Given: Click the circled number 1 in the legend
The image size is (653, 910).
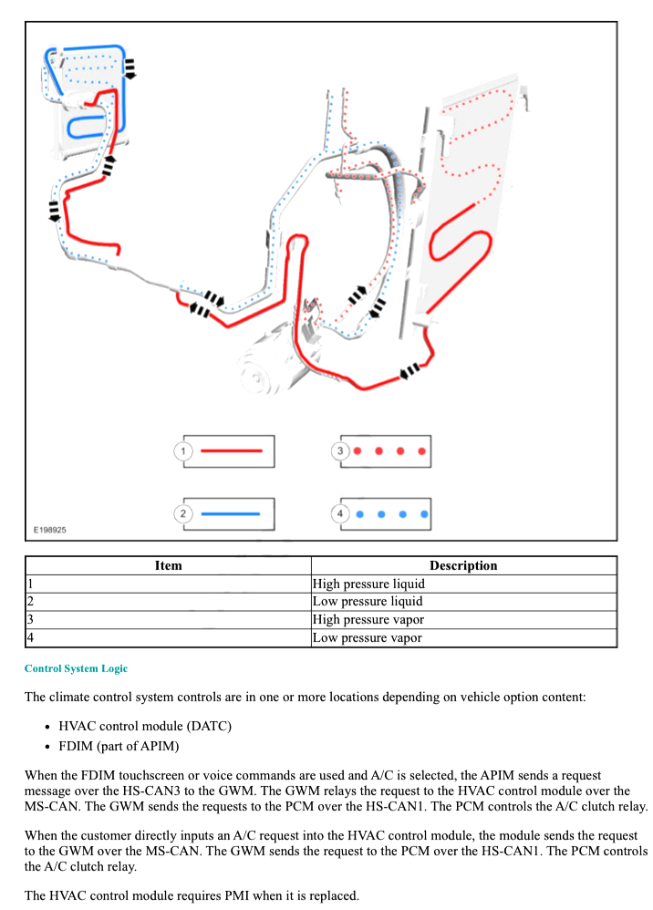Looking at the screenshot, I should (x=184, y=451).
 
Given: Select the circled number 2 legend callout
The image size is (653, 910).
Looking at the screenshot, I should (x=184, y=514).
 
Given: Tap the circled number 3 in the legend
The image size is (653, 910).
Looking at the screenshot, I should (x=340, y=451).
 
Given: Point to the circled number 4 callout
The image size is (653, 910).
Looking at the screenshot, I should (x=340, y=514).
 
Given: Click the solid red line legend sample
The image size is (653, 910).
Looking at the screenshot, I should (x=232, y=451).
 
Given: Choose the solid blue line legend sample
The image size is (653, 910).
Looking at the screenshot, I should (x=232, y=514).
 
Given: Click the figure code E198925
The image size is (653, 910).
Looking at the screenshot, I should (x=50, y=530).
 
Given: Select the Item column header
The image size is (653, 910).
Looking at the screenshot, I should (x=168, y=565).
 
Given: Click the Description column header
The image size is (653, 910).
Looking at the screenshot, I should (x=463, y=565).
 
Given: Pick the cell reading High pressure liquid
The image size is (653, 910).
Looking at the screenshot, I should (x=368, y=584).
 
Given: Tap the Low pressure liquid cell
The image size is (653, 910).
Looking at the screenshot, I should (x=368, y=602).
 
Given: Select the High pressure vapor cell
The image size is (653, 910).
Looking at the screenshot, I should (x=368, y=620).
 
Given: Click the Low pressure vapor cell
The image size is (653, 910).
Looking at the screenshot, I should (x=367, y=638).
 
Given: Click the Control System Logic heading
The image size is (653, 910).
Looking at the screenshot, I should (x=76, y=668).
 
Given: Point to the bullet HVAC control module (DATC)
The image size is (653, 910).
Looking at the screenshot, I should (x=145, y=726).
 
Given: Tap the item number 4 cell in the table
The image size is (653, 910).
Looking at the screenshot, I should (x=30, y=638).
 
